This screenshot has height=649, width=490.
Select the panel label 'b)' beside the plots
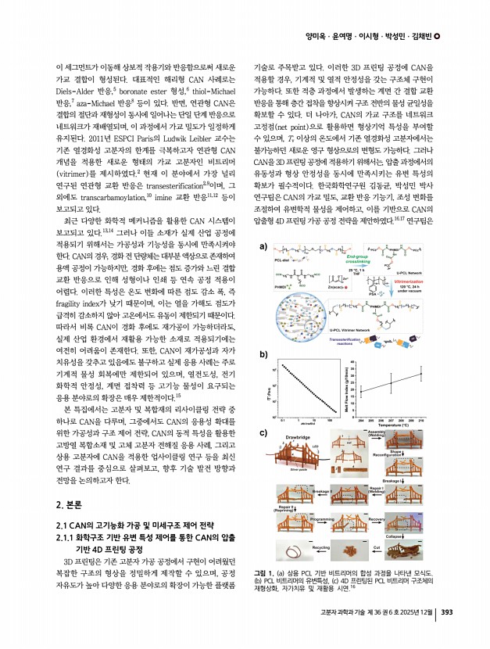click(x=263, y=354)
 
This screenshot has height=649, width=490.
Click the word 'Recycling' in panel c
click(x=322, y=548)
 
